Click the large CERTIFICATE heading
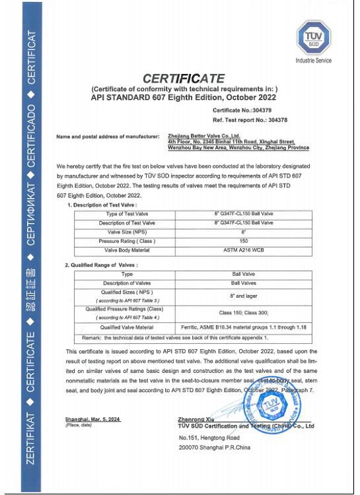coord(184,78)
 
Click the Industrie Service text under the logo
coord(314,61)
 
